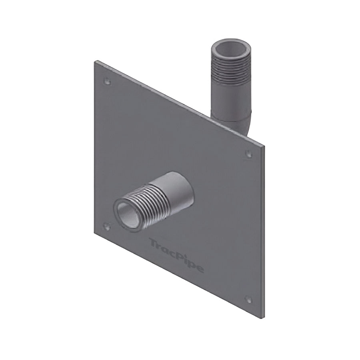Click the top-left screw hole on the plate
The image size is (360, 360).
107,81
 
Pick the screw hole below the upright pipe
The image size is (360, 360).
248,154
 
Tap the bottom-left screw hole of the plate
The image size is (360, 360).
106,226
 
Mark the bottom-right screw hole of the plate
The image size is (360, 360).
248,299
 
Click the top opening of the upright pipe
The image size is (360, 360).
231,48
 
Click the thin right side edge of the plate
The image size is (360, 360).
263,232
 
